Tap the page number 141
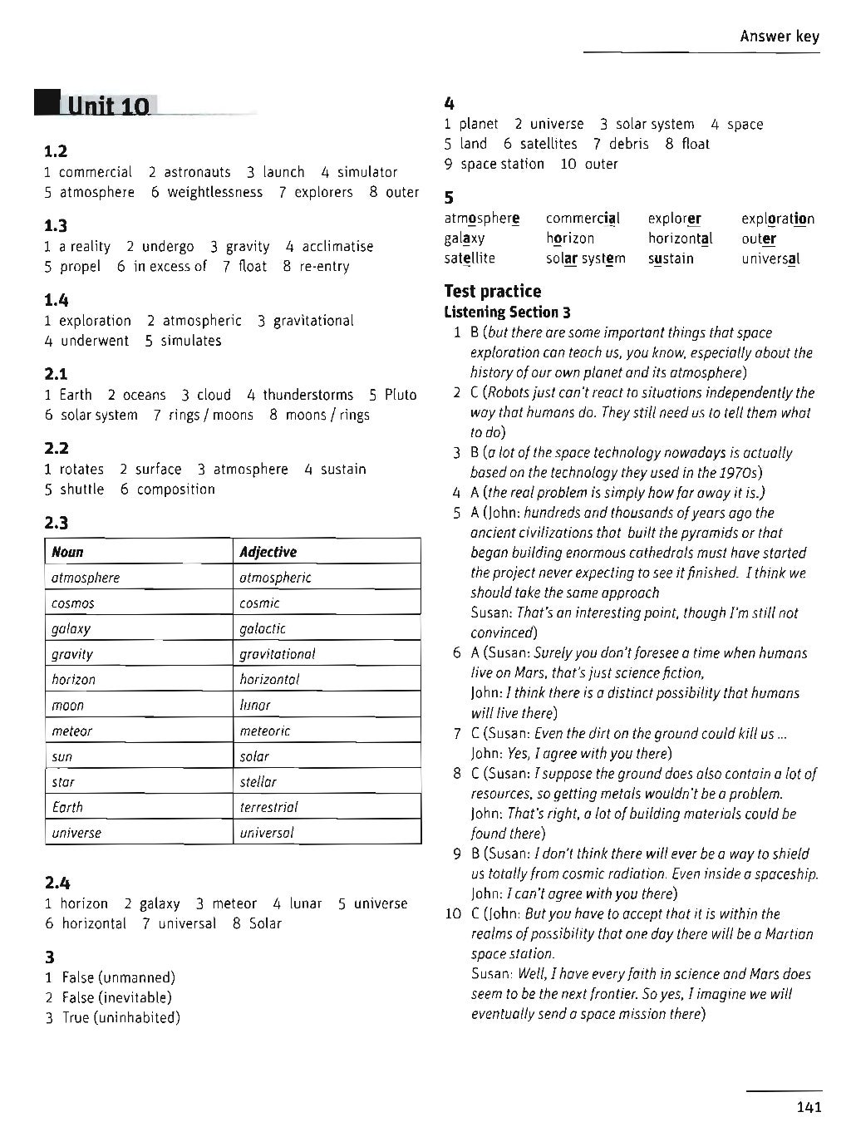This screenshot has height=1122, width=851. (x=808, y=1106)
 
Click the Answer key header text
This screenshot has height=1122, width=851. (x=779, y=36)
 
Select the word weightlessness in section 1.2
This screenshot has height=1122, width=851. (x=214, y=193)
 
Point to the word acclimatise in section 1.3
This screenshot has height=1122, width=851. (x=337, y=247)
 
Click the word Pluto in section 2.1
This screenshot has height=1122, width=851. (x=401, y=395)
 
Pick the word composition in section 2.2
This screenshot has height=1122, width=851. (x=175, y=490)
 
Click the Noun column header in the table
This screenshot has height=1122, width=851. (x=68, y=552)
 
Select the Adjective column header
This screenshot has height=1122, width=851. (x=268, y=552)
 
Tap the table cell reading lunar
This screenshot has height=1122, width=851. (x=255, y=706)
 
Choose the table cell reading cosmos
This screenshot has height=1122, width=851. (x=73, y=603)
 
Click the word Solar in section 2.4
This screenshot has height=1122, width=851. (x=265, y=923)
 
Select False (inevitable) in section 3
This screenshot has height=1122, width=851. (x=116, y=997)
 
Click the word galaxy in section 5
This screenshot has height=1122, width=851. (x=465, y=239)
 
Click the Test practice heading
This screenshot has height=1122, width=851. (x=493, y=291)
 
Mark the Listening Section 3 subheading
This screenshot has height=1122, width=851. (x=508, y=312)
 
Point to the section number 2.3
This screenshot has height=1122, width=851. (x=57, y=523)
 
